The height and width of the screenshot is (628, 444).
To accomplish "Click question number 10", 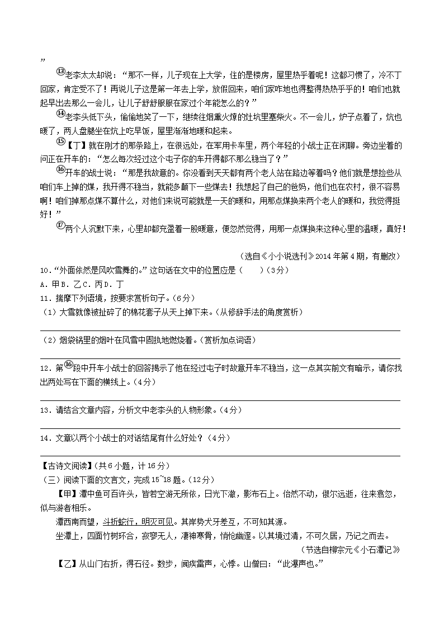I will pos(44,271).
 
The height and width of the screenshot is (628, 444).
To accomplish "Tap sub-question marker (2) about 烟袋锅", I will pos(49,340).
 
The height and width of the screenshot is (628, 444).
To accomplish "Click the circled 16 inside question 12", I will pos(68,365).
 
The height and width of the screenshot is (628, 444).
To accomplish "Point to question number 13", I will pos(44,410).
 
